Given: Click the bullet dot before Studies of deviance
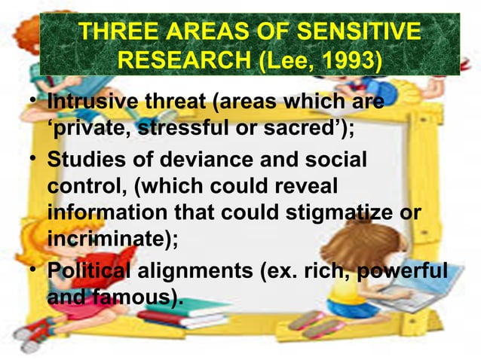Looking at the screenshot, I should pos(29,161).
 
